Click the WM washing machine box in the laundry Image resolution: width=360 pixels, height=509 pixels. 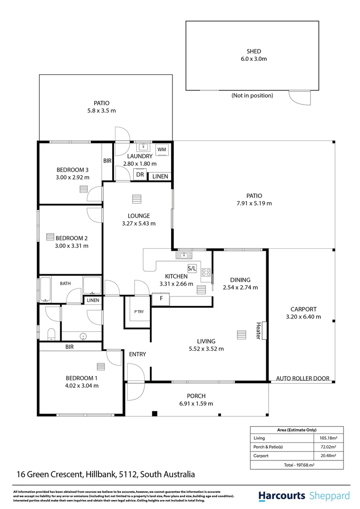pyautogui.click(x=162, y=150)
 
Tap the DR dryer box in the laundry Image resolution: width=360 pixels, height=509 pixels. pyautogui.click(x=140, y=175)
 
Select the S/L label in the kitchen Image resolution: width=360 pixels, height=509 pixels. pyautogui.click(x=192, y=268)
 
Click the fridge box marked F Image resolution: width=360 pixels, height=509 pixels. pyautogui.click(x=161, y=299)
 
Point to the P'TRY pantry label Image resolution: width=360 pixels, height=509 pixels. pyautogui.click(x=139, y=312)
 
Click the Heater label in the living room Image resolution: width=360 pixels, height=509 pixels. pyautogui.click(x=258, y=330)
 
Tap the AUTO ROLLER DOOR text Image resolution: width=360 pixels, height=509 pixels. pyautogui.click(x=303, y=378)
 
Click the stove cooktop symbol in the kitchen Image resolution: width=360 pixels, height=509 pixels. pyautogui.click(x=206, y=272)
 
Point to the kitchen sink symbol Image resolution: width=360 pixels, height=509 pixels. pyautogui.click(x=184, y=255)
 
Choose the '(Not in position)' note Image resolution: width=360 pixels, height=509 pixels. pyautogui.click(x=252, y=95)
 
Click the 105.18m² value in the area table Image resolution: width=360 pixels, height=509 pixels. pyautogui.click(x=328, y=438)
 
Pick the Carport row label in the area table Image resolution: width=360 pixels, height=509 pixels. pyautogui.click(x=261, y=456)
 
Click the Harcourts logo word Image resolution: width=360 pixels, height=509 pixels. pyautogui.click(x=282, y=496)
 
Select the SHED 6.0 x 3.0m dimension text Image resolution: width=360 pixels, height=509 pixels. pyautogui.click(x=254, y=59)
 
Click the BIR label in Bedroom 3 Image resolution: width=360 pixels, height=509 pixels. pyautogui.click(x=107, y=161)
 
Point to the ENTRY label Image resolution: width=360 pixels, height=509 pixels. pyautogui.click(x=137, y=354)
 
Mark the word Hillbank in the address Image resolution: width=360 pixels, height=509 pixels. pyautogui.click(x=101, y=474)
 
